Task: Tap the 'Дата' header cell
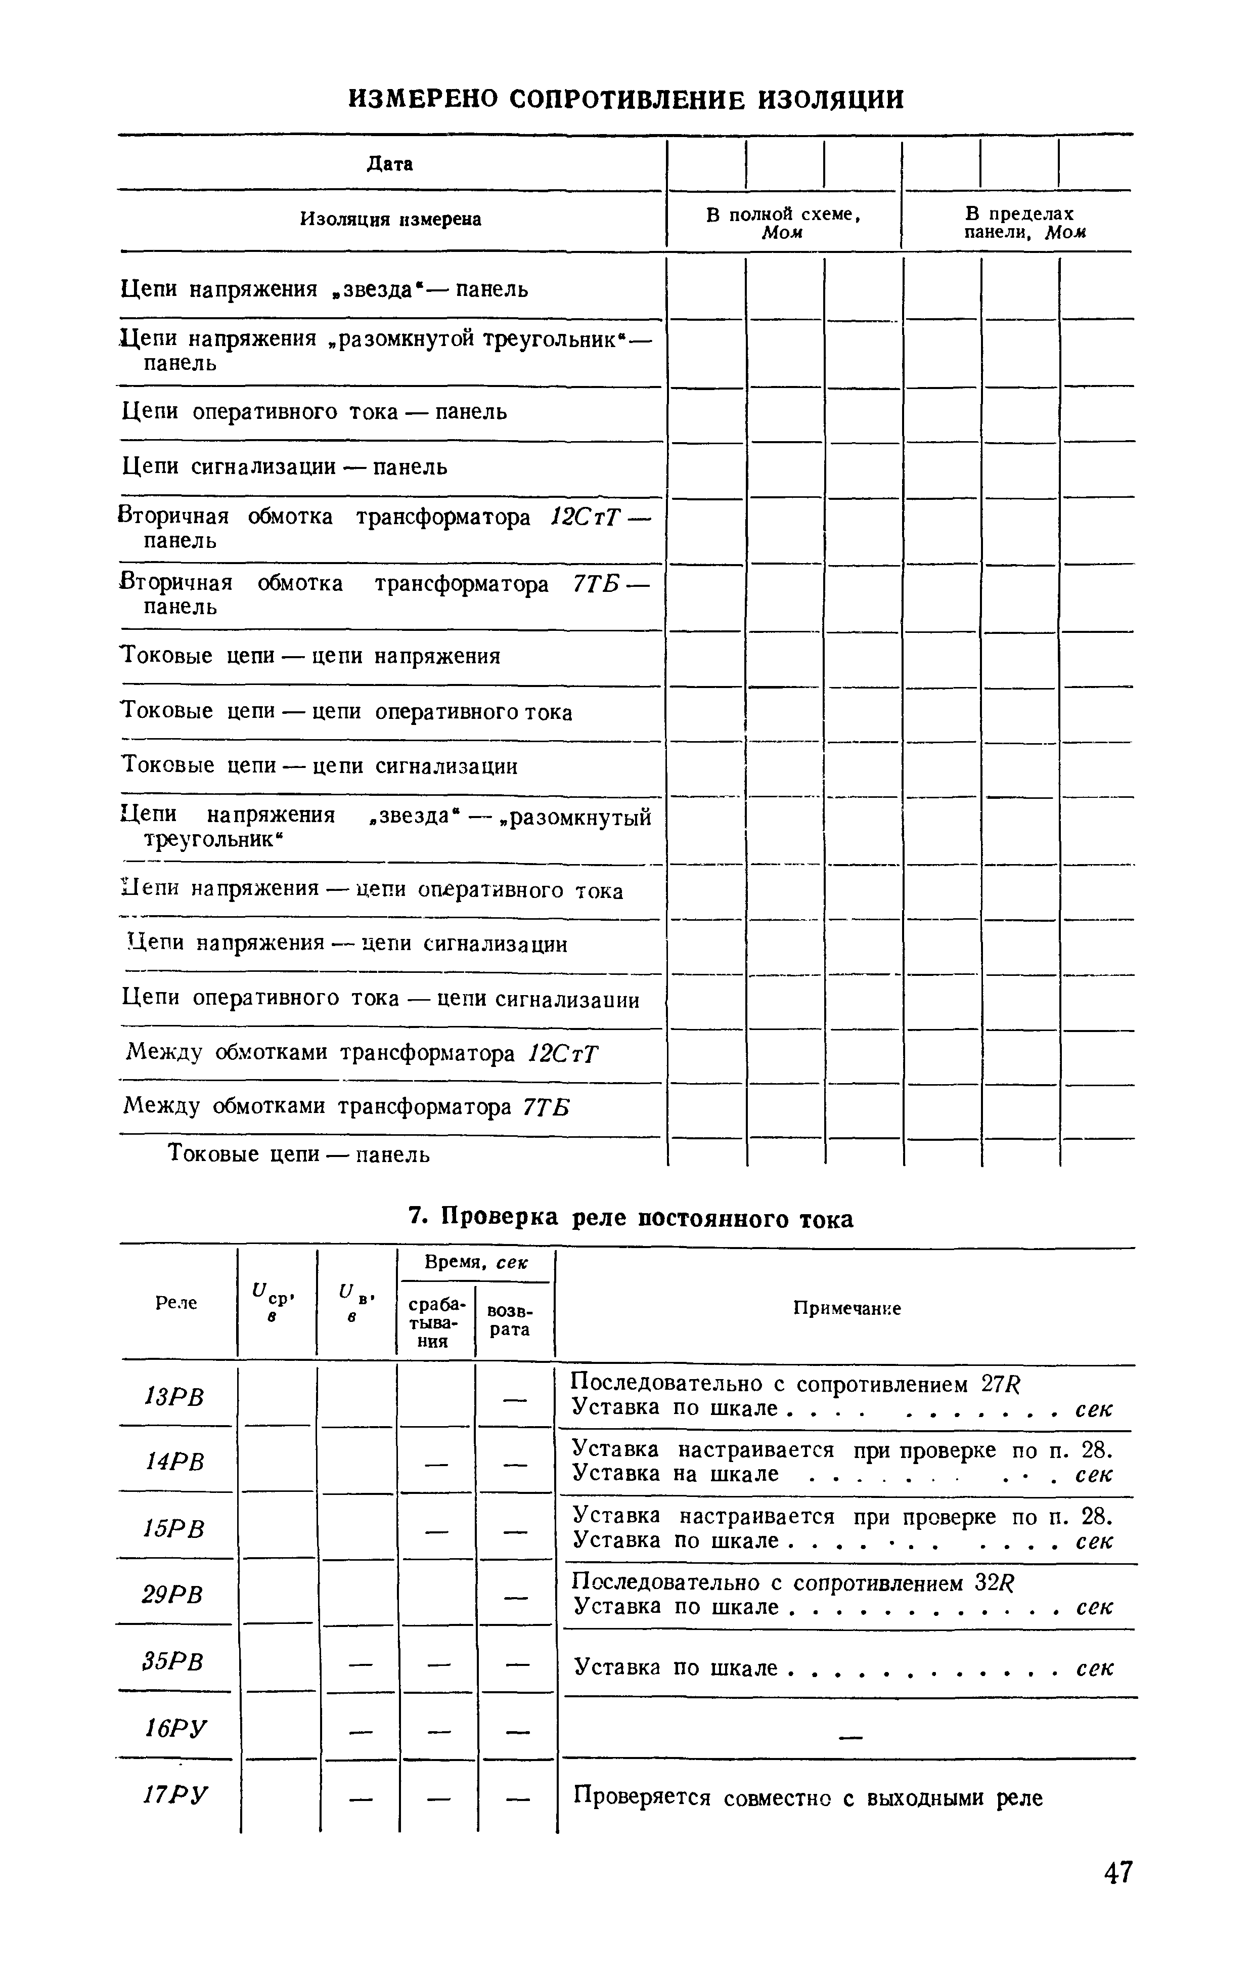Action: tap(390, 164)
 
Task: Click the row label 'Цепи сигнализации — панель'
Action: tap(285, 467)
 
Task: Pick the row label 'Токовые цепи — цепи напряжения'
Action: tap(311, 657)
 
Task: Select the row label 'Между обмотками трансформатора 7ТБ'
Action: tap(346, 1108)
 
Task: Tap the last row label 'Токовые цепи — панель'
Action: tap(299, 1154)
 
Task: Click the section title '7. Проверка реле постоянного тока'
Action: tap(630, 1219)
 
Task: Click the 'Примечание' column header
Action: tap(847, 1309)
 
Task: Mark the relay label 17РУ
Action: tap(175, 1796)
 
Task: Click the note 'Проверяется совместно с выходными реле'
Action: tap(808, 1797)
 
